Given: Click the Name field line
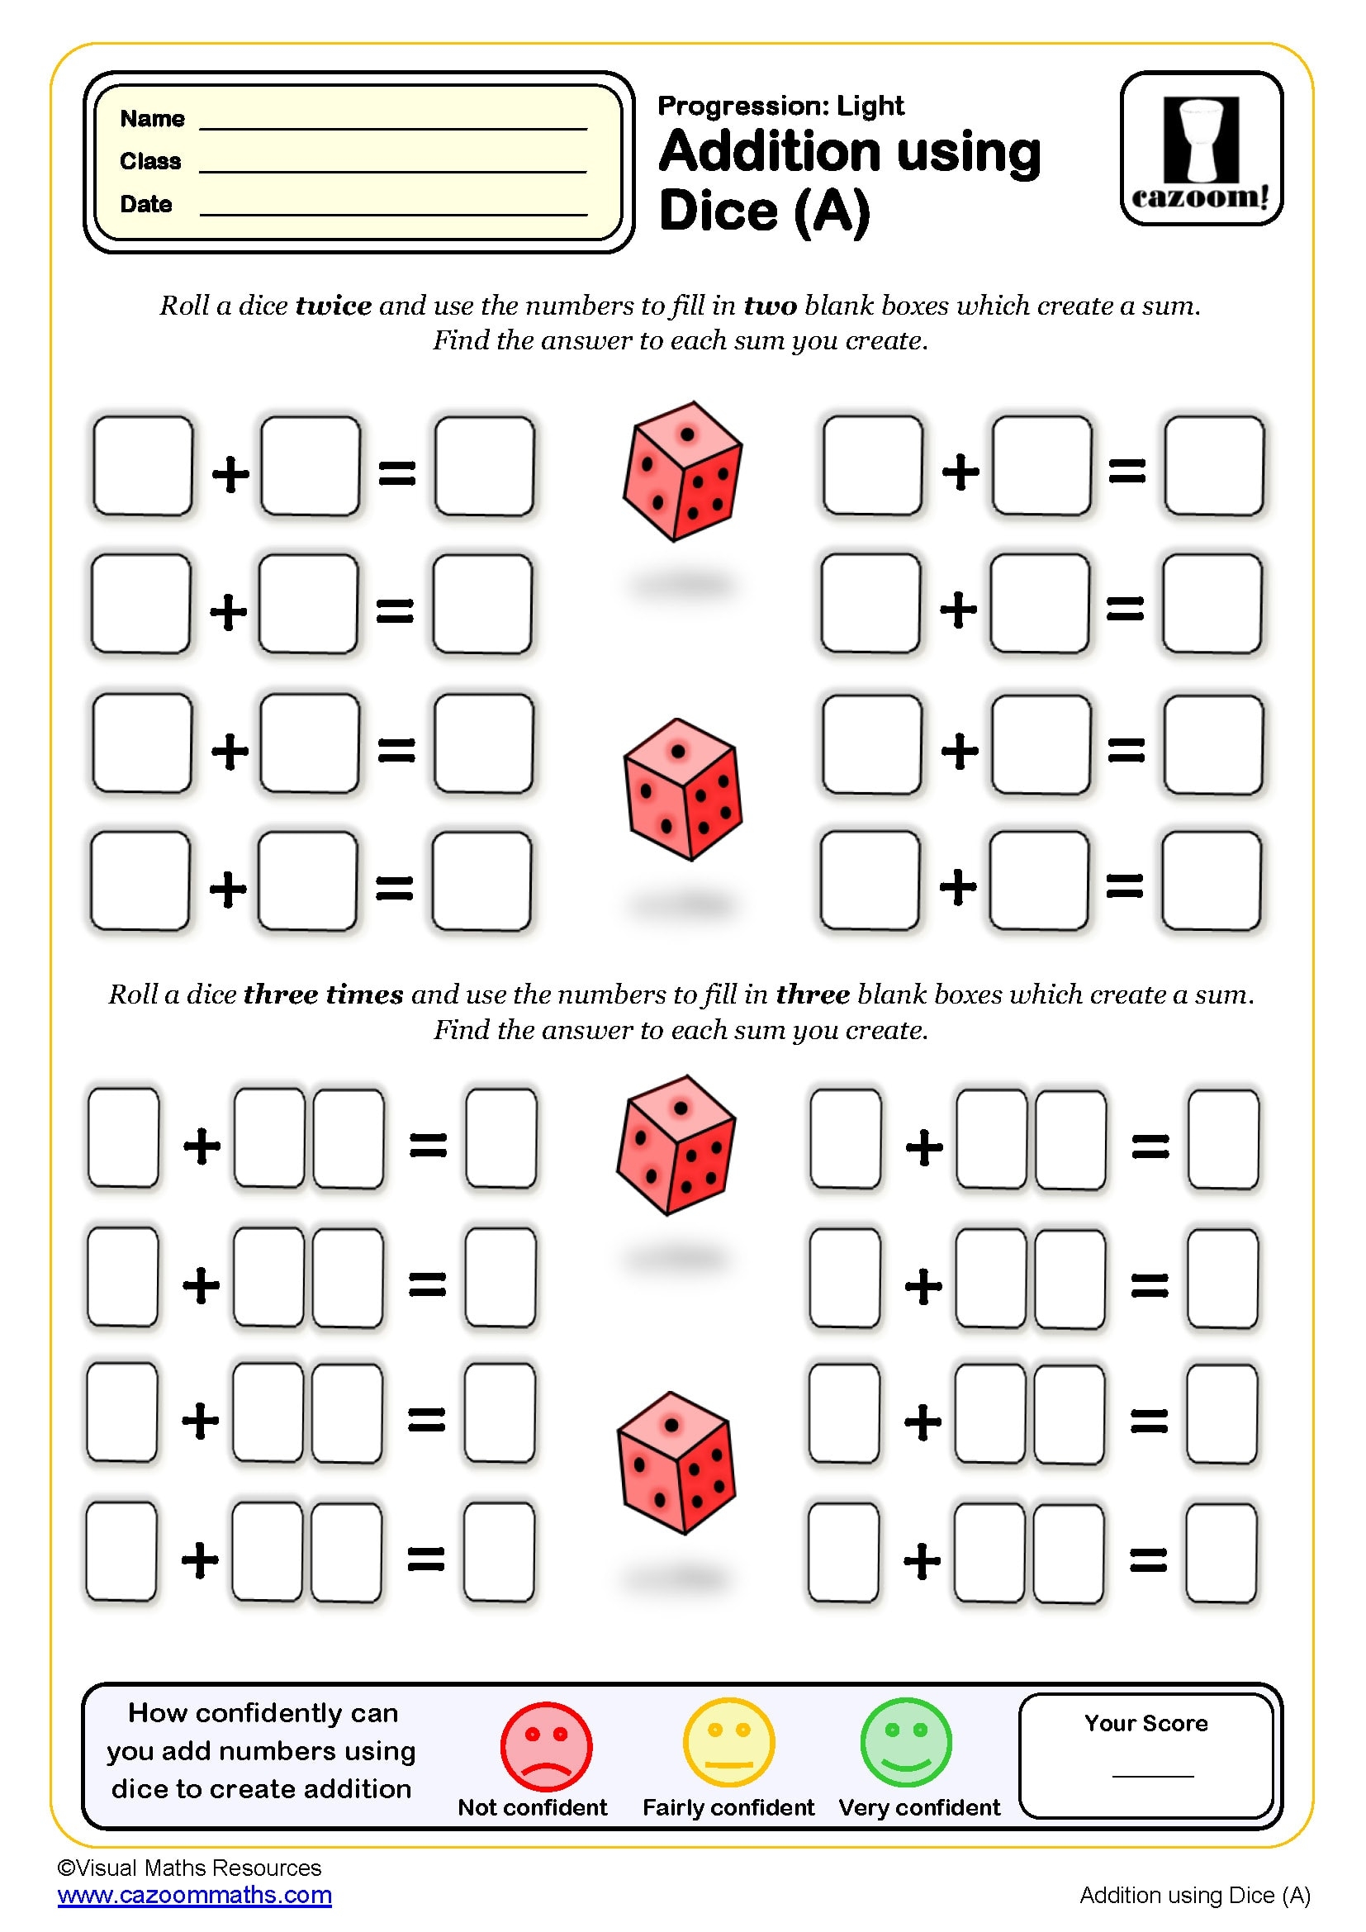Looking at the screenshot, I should pyautogui.click(x=393, y=128).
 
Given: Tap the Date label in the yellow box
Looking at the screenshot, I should pyautogui.click(x=146, y=205).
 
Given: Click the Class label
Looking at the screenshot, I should pyautogui.click(x=150, y=161).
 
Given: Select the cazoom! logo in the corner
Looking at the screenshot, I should pyautogui.click(x=1200, y=148).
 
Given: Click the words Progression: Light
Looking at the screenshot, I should pyautogui.click(x=780, y=106).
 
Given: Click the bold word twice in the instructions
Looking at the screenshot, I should pyautogui.click(x=333, y=306).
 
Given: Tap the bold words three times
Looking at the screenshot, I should pyautogui.click(x=323, y=994).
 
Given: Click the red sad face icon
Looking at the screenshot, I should pyautogui.click(x=546, y=1746).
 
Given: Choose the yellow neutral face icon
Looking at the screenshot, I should pyautogui.click(x=728, y=1743).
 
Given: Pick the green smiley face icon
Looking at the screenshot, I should pyautogui.click(x=906, y=1743).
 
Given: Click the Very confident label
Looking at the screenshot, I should pyautogui.click(x=918, y=1807).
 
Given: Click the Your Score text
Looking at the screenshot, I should pyautogui.click(x=1145, y=1723).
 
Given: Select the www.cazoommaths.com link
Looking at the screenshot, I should pyautogui.click(x=194, y=1895).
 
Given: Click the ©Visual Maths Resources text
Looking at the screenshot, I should pyautogui.click(x=189, y=1868).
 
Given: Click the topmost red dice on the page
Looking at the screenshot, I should pyautogui.click(x=682, y=471).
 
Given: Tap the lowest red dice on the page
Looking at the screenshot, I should pyautogui.click(x=676, y=1464).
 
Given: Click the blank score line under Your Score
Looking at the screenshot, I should pyautogui.click(x=1152, y=1776).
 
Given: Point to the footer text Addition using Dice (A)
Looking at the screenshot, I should pyautogui.click(x=1194, y=1895).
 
